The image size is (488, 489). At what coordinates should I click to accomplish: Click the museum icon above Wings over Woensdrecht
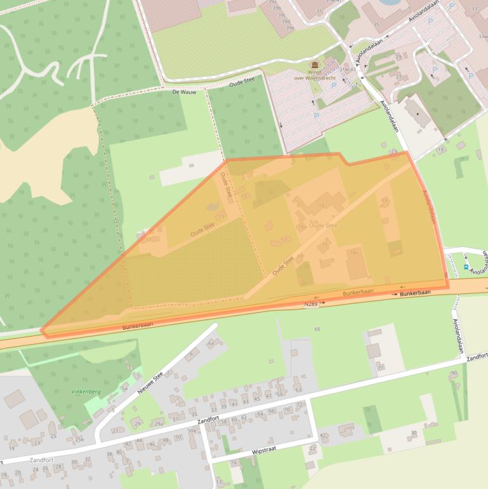pyautogui.click(x=314, y=65)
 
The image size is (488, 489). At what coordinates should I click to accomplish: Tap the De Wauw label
pyautogui.click(x=184, y=92)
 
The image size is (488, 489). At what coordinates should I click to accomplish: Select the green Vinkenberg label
pyautogui.click(x=86, y=392)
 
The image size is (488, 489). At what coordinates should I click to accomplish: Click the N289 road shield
pyautogui.click(x=310, y=304)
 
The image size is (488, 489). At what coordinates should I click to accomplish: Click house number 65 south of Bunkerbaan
pyautogui.click(x=317, y=329)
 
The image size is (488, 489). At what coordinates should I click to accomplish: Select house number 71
pyautogui.click(x=380, y=368)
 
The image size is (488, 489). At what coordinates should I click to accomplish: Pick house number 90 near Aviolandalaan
pyautogui.click(x=454, y=373)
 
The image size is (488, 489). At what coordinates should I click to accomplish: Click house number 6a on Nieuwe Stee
pyautogui.click(x=211, y=342)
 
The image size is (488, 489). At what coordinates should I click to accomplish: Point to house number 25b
pyautogui.click(x=79, y=439)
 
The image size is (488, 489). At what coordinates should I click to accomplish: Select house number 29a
pyautogui.click(x=159, y=424)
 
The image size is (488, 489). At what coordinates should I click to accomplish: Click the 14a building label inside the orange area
pyautogui.click(x=353, y=252)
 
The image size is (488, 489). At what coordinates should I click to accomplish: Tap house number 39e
pyautogui.click(x=289, y=28)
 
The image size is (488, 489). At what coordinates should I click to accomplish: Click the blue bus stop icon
pyautogui.click(x=466, y=267)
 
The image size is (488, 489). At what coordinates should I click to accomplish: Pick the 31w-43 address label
pyautogui.click(x=348, y=69)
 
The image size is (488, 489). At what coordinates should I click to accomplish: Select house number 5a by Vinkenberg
pyautogui.click(x=124, y=387)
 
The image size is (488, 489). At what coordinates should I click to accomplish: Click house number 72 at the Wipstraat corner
pyautogui.click(x=299, y=405)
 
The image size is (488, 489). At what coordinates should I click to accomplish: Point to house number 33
pyautogui.click(x=474, y=8)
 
